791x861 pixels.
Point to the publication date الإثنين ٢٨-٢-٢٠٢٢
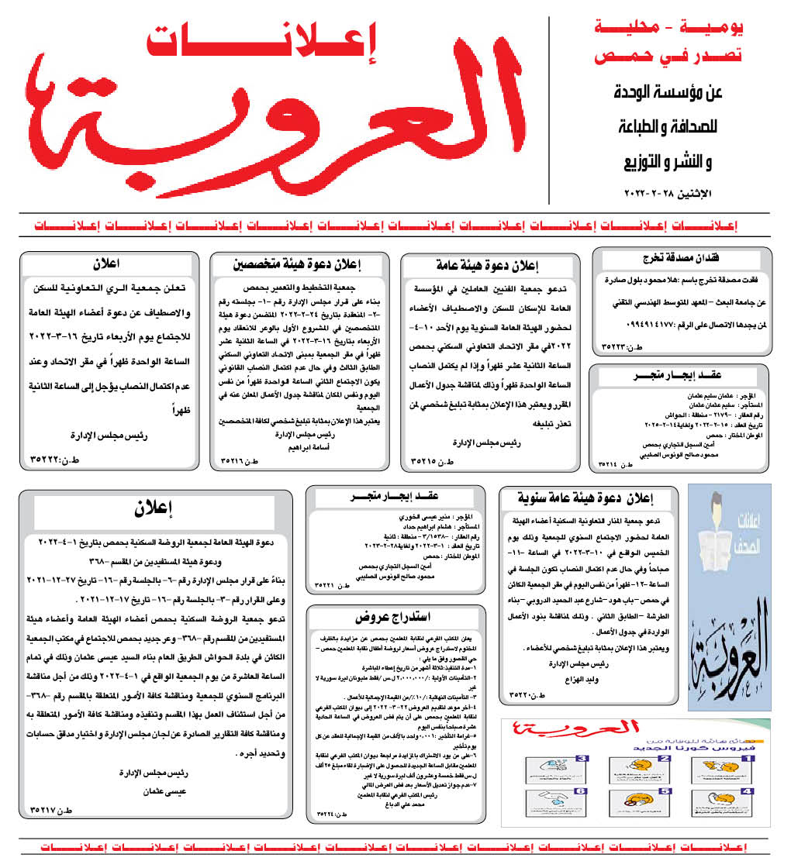672,191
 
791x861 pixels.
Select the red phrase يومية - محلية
672,29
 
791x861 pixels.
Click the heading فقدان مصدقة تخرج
681,257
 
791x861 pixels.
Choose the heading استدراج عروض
393,618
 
